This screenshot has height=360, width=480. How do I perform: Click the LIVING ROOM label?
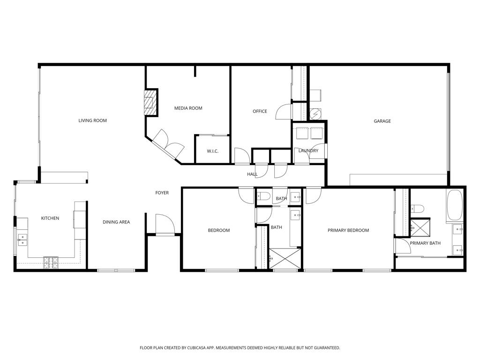pos(92,120)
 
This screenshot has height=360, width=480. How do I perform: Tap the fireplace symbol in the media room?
pos(150,101)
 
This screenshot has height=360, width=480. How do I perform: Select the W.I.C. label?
pos(213,151)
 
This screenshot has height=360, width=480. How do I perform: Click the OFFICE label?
pos(260,111)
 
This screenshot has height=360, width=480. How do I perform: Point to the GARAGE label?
pos(382,121)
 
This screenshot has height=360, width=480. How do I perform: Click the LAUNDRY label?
pos(308,150)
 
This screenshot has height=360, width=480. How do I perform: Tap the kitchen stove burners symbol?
pos(51,262)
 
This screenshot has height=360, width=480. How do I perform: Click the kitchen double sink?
pos(22,240)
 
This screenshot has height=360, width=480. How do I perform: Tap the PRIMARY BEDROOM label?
pos(348,230)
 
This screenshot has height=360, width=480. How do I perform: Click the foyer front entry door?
pos(165,224)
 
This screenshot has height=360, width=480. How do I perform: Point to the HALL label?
pos(252,174)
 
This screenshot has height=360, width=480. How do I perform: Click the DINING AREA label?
pos(116,222)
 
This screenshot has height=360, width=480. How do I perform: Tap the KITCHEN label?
pos(50,218)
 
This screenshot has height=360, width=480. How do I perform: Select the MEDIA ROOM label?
pos(188,108)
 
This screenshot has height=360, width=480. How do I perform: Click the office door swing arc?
pos(283,112)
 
